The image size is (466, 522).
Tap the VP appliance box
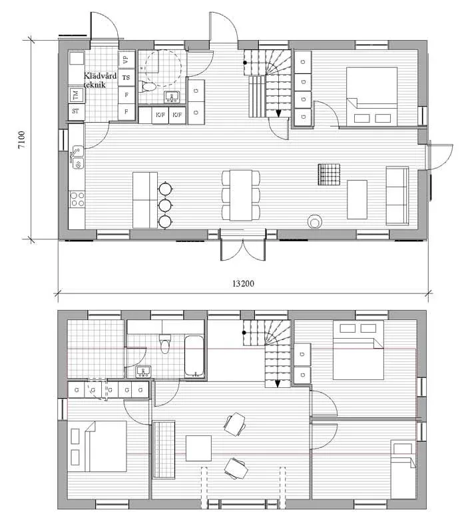(x=126, y=59)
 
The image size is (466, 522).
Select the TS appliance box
(x=126, y=77)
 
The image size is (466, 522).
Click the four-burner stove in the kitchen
(x=77, y=198)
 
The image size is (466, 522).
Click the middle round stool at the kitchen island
(x=165, y=205)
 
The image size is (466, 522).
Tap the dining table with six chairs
(x=241, y=195)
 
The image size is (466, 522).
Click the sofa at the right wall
(x=397, y=195)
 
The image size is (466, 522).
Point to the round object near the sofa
(x=314, y=221)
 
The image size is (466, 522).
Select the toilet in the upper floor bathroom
(x=165, y=344)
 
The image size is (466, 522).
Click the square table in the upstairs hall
(x=198, y=448)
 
